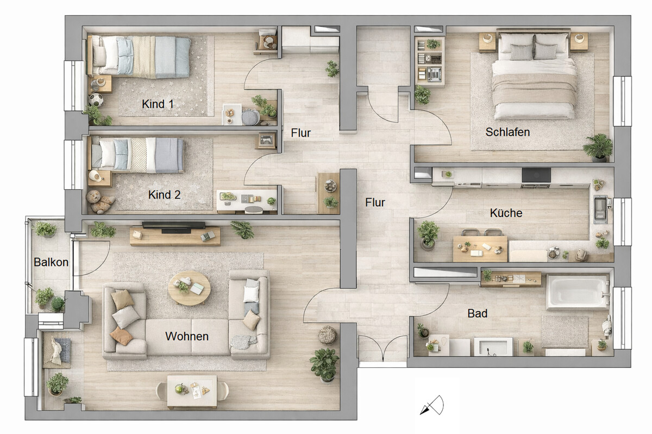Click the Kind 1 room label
(158, 104)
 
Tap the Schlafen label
(507, 132)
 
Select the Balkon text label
(51, 262)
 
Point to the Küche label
(506, 213)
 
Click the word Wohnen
(187, 336)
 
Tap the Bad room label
(478, 314)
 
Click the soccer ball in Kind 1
(96, 100)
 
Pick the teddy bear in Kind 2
(100, 201)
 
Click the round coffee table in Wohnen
(189, 288)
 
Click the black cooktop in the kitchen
(536, 175)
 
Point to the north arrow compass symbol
(432, 405)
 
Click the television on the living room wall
(174, 226)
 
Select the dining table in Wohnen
(192, 392)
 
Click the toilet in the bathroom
(607, 327)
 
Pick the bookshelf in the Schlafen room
(430, 61)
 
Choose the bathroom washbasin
(493, 346)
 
